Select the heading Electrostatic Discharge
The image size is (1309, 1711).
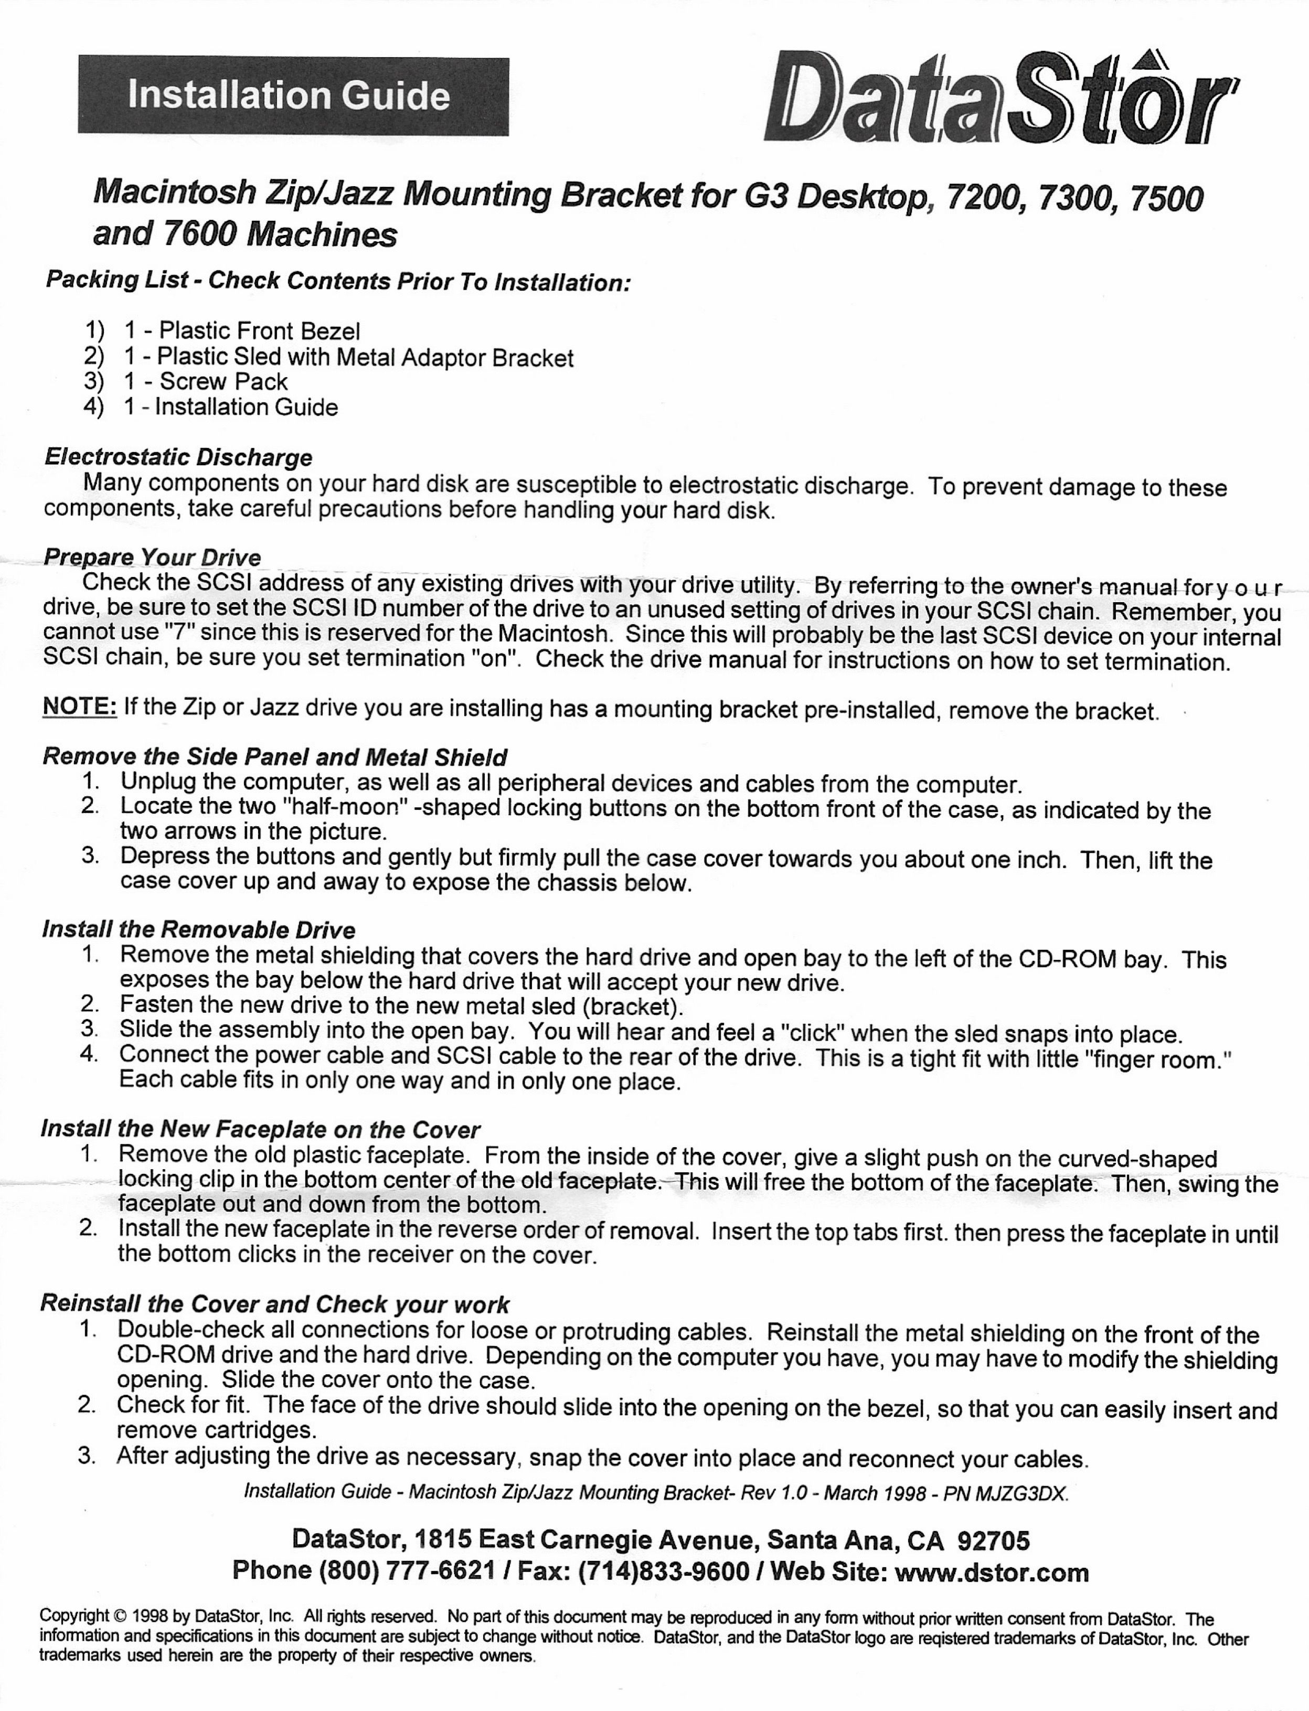pyautogui.click(x=178, y=457)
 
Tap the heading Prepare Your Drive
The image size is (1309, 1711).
pyautogui.click(x=152, y=558)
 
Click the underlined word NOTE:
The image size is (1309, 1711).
pyautogui.click(x=79, y=707)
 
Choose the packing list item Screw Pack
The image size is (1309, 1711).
pyautogui.click(x=224, y=382)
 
